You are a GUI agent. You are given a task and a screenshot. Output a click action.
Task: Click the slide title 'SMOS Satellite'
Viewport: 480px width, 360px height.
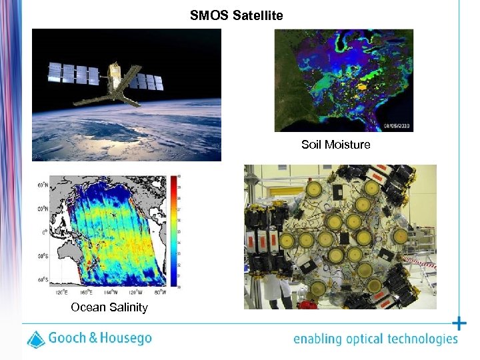point(237,15)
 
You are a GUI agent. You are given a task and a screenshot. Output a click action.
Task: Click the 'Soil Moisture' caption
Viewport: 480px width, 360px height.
point(335,145)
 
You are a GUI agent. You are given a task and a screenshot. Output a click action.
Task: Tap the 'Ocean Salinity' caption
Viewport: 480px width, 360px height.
point(109,307)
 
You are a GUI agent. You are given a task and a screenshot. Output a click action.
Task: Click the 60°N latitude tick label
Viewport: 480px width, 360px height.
point(42,185)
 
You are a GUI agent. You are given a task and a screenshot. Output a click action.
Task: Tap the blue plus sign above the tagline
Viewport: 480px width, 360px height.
point(459,324)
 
